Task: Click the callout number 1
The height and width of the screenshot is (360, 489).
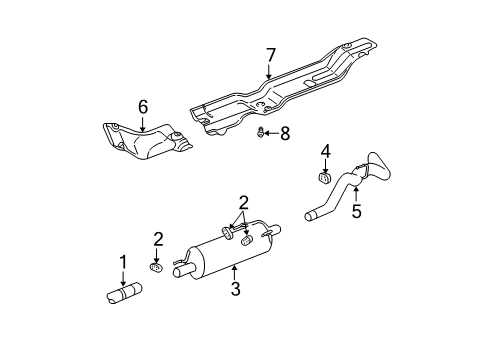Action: tap(122, 262)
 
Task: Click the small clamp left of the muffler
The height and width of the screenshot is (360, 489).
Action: tap(156, 266)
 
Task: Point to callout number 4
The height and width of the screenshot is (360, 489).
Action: tap(325, 151)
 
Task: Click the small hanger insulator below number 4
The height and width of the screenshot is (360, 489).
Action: tap(325, 178)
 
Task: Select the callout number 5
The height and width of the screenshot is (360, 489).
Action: tap(356, 211)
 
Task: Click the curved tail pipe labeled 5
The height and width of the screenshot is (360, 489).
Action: tap(345, 190)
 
